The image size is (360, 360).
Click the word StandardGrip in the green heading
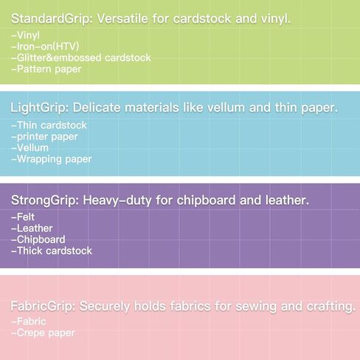(52, 19)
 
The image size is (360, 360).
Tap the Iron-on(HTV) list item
(46, 46)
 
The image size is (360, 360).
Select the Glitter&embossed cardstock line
(81, 58)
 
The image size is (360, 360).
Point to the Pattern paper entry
(46, 69)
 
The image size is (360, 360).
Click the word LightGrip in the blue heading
(40, 108)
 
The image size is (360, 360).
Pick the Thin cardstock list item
(49, 125)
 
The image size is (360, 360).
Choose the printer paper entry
(45, 137)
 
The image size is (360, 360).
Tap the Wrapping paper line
(52, 159)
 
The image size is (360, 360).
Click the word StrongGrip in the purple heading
(45, 201)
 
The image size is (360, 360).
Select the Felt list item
(23, 217)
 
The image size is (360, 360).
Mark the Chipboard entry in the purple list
(38, 240)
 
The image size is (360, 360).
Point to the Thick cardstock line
(52, 251)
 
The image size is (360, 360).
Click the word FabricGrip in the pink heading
(43, 306)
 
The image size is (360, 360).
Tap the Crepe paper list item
(43, 333)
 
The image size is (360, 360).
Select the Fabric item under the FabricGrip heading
(29, 322)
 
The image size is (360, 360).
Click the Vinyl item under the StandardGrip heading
(26, 35)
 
